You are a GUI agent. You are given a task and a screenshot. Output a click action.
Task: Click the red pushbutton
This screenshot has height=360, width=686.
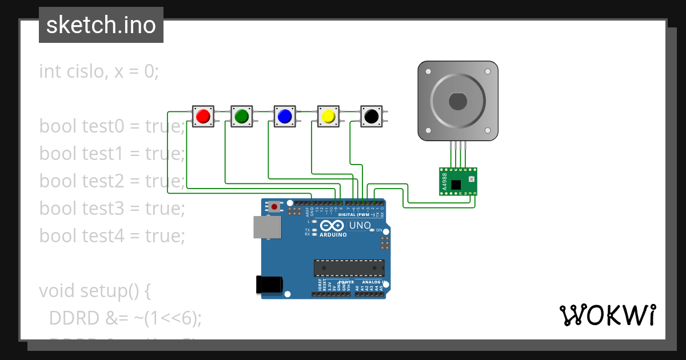click(x=203, y=116)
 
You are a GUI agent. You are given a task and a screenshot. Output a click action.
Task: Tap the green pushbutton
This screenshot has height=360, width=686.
click(x=241, y=116)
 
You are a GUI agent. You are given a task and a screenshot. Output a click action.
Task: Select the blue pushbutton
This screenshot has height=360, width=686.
click(x=284, y=116)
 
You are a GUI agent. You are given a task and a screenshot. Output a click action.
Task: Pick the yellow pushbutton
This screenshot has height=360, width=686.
click(x=328, y=116)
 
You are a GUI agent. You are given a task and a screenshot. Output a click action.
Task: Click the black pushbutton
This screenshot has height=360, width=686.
click(x=371, y=116)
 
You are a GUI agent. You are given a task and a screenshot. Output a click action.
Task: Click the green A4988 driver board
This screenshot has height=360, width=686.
click(x=457, y=181)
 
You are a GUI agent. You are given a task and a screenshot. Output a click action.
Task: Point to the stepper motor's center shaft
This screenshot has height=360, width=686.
click(x=457, y=102)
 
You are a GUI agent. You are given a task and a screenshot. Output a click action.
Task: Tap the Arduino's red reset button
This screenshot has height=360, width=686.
click(x=276, y=206)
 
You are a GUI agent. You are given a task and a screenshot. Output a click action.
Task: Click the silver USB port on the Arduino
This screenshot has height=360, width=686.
click(x=267, y=227)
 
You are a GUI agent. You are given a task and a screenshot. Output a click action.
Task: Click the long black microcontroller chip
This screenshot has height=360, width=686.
click(x=348, y=267)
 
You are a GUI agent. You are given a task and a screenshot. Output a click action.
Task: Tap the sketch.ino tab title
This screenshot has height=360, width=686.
click(x=101, y=25)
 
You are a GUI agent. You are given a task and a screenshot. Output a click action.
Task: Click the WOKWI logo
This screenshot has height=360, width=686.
click(x=607, y=315)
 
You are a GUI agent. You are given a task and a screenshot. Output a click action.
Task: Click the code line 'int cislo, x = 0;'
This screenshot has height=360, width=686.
click(x=98, y=71)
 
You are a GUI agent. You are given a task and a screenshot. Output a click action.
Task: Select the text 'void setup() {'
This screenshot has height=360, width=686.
click(x=95, y=291)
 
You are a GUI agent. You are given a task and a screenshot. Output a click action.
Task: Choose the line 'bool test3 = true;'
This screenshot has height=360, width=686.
click(x=112, y=209)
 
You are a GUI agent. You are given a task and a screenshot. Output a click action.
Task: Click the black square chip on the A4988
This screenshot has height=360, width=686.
click(x=456, y=185)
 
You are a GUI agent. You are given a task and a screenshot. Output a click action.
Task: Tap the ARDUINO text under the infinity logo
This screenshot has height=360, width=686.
click(x=333, y=234)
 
